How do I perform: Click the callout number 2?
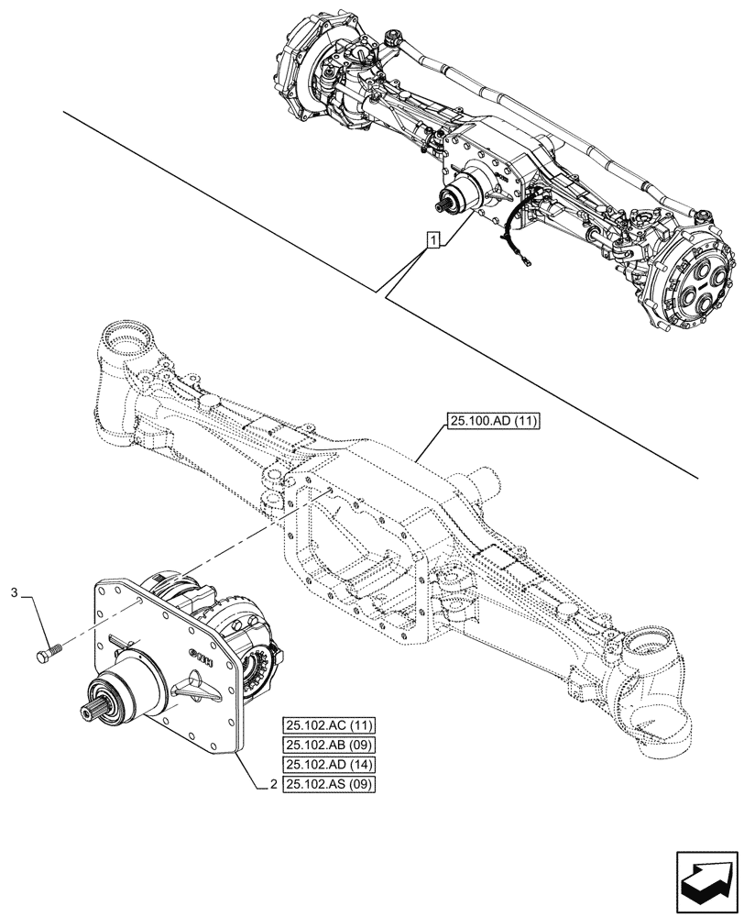click(x=274, y=785)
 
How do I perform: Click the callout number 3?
click(x=13, y=595)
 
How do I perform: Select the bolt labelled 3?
click(x=49, y=654)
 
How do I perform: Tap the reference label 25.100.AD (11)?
click(x=495, y=422)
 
